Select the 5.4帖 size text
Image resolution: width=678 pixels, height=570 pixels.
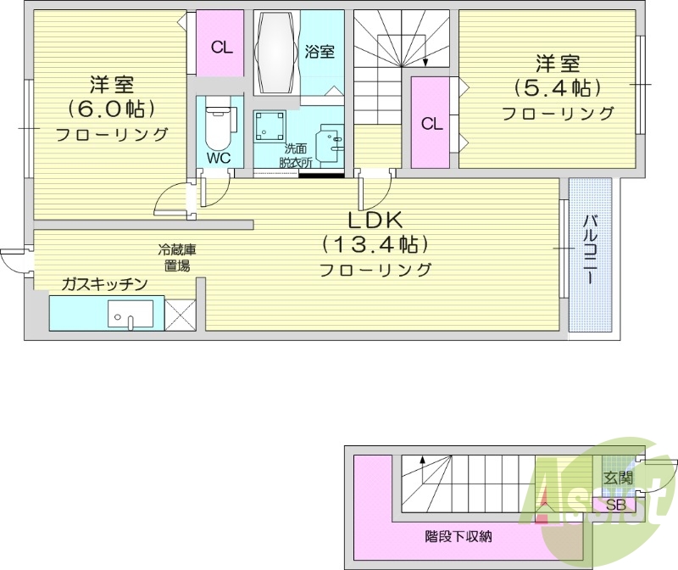(x=557, y=87)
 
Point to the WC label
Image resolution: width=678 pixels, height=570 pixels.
(x=219, y=159)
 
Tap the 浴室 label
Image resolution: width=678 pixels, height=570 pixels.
(x=320, y=52)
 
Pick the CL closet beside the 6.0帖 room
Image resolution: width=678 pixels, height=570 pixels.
(x=221, y=47)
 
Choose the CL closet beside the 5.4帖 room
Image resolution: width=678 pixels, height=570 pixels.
(x=431, y=124)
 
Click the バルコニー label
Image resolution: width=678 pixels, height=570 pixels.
(x=589, y=249)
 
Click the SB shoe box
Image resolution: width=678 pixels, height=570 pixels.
(x=619, y=506)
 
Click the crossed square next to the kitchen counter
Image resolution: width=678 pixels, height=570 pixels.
(x=181, y=314)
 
